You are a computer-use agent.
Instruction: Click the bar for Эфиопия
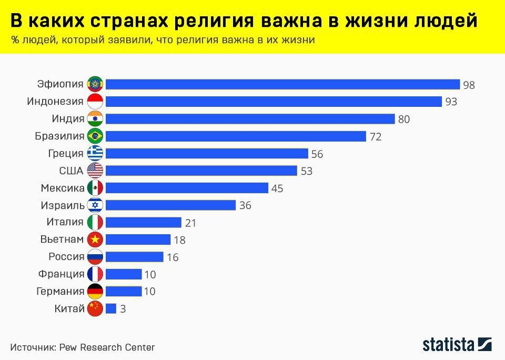(282, 84)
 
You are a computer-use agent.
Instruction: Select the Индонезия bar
(274, 102)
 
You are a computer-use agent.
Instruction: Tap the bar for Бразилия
(236, 136)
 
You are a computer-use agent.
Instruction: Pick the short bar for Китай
(111, 309)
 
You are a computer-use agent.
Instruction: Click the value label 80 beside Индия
(404, 119)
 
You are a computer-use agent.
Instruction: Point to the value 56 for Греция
(317, 154)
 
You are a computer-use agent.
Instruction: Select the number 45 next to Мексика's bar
(277, 188)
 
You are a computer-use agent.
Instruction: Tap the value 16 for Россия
(173, 257)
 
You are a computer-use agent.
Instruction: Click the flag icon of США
(95, 171)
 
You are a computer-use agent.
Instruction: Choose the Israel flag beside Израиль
(95, 205)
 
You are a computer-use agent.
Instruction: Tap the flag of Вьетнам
(95, 239)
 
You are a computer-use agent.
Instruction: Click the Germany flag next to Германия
(95, 292)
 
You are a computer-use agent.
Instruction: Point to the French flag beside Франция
(95, 274)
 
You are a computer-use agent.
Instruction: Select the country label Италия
(65, 222)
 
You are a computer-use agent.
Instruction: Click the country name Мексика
(63, 188)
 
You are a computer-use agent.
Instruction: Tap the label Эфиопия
(60, 84)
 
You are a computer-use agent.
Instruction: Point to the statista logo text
(449, 345)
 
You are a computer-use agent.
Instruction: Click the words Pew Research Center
(107, 347)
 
